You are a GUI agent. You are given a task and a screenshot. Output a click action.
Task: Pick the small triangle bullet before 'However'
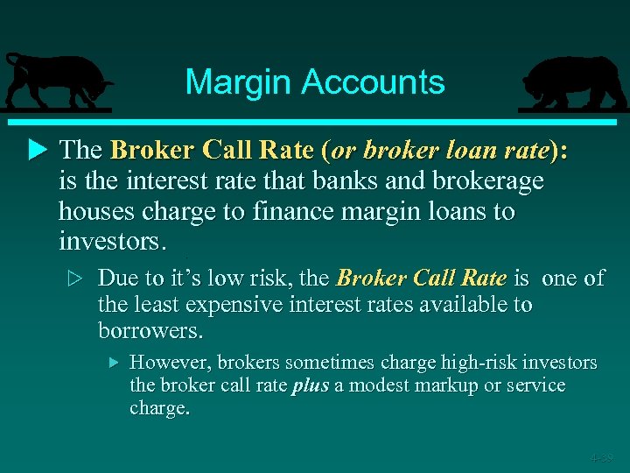112,362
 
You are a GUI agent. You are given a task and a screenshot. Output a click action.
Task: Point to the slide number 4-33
601,457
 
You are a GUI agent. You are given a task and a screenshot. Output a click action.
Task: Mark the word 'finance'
290,213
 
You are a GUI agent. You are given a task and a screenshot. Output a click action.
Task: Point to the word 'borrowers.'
150,332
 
